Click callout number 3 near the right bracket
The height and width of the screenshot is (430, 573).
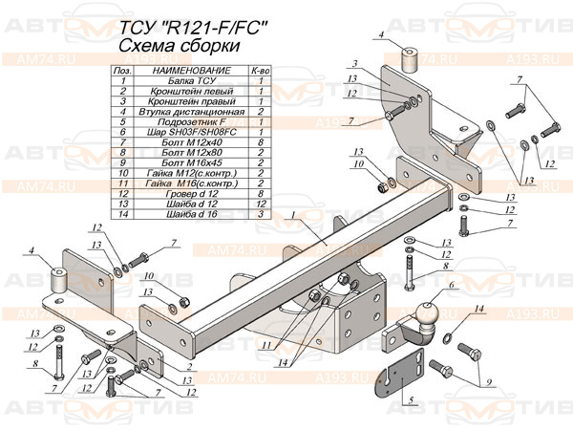pyautogui.click(x=352, y=61)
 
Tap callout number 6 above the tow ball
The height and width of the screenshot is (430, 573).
pyautogui.click(x=453, y=285)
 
